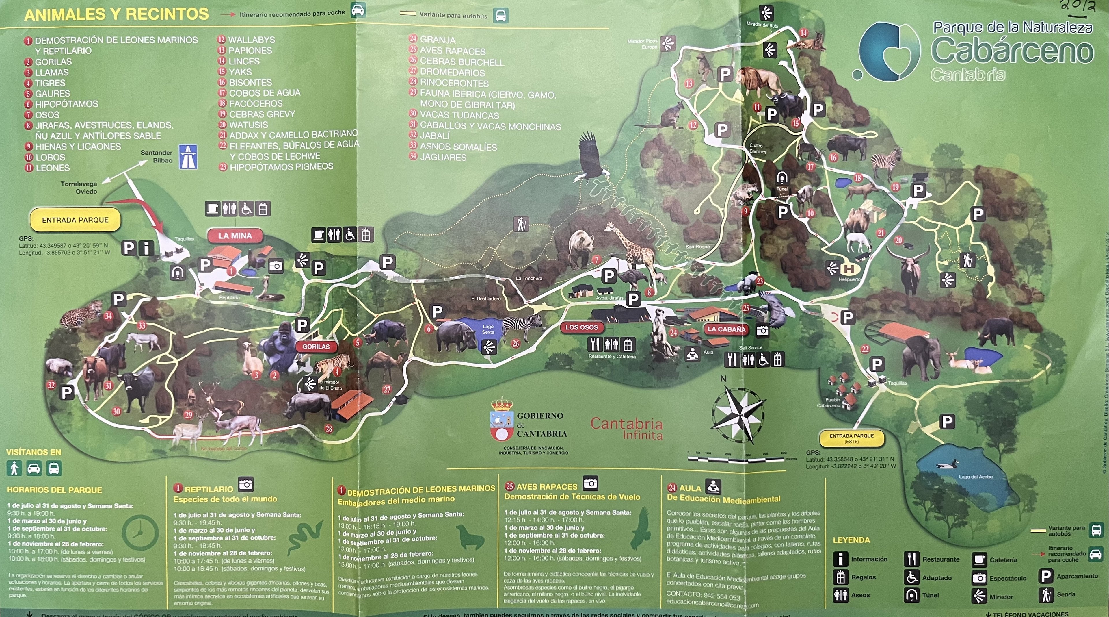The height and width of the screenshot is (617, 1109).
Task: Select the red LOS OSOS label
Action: tap(582, 327)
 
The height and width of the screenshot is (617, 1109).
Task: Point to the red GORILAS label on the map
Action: tap(316, 347)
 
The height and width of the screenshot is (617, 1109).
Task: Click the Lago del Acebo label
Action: tap(976, 477)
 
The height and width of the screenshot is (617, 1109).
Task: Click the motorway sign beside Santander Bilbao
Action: tap(188, 156)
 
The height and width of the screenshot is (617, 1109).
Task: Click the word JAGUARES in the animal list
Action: tap(443, 157)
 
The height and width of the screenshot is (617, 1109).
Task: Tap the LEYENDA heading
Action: tap(851, 540)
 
